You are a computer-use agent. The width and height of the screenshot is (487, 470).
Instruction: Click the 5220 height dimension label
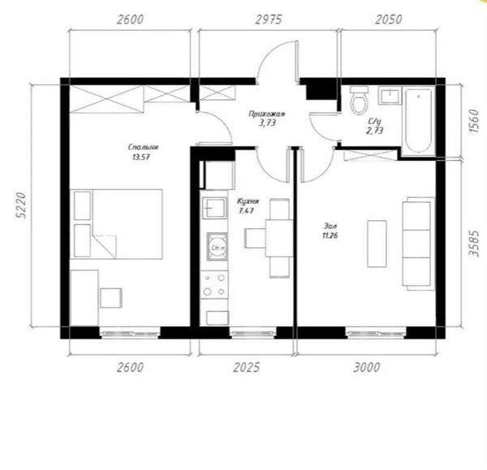click(x=20, y=205)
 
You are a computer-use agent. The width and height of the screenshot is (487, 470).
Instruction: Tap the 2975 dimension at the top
click(x=269, y=19)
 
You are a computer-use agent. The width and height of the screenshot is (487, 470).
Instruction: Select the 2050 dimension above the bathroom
click(x=389, y=19)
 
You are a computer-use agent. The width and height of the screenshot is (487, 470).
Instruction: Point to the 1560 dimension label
click(x=474, y=121)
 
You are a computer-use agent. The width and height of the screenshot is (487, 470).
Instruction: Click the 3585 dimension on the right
click(x=474, y=243)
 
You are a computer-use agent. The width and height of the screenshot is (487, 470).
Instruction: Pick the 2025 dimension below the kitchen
click(x=246, y=368)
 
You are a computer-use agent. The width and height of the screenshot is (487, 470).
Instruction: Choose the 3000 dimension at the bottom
click(x=367, y=368)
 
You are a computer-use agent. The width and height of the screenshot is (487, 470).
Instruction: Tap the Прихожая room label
click(x=267, y=114)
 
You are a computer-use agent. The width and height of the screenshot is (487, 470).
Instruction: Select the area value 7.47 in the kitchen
click(x=246, y=211)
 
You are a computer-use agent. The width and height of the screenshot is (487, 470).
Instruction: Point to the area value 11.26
click(x=330, y=235)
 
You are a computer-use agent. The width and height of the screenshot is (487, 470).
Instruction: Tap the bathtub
click(x=418, y=121)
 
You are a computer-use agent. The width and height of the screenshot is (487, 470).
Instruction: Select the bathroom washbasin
click(x=389, y=95)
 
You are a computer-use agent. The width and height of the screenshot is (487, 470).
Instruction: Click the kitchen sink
click(x=214, y=208)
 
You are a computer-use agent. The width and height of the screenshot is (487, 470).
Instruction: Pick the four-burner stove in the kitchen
click(x=214, y=285)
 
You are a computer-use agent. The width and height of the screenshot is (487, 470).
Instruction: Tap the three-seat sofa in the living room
click(x=418, y=244)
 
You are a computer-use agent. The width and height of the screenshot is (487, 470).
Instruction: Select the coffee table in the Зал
click(x=377, y=244)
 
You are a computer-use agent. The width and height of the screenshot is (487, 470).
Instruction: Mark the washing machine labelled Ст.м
click(x=217, y=246)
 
